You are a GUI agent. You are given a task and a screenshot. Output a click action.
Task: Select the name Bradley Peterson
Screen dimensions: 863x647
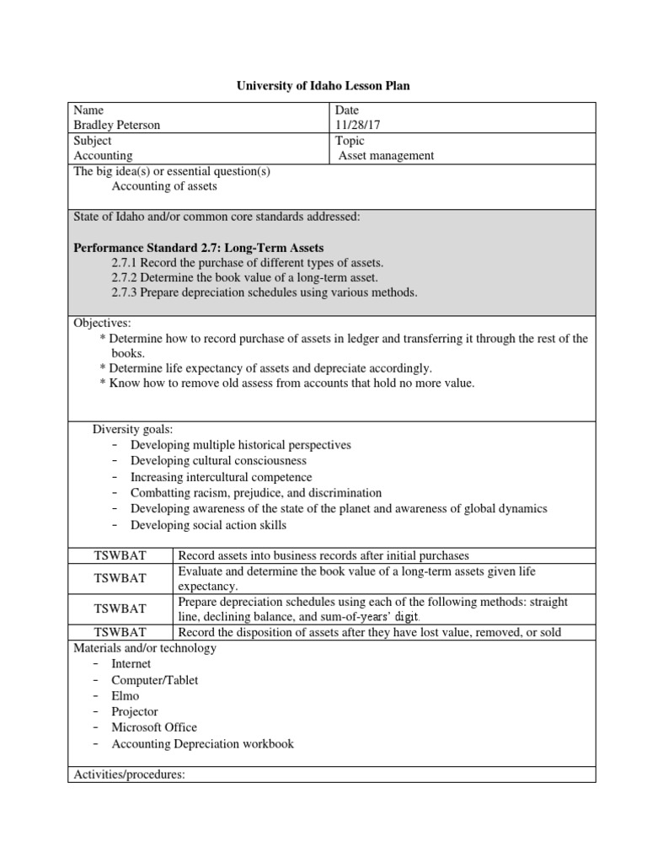pos(117,125)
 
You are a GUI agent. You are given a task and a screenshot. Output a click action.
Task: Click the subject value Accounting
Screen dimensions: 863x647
pos(103,155)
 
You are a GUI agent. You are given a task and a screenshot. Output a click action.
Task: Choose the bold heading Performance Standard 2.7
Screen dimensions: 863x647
pos(198,247)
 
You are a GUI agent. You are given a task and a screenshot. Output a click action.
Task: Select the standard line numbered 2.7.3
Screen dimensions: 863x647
pos(264,292)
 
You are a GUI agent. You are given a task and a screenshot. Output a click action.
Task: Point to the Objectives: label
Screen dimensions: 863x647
pos(103,323)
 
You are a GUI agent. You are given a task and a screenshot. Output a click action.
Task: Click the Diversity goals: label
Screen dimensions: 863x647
pos(132,429)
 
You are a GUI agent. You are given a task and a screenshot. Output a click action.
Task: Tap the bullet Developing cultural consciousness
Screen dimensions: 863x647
pos(218,461)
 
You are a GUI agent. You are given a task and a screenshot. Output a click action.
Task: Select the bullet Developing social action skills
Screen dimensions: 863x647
pos(208,525)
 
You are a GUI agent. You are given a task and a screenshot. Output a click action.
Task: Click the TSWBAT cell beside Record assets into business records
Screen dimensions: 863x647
pos(120,555)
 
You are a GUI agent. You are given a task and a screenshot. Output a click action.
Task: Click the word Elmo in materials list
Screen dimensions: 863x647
pos(126,696)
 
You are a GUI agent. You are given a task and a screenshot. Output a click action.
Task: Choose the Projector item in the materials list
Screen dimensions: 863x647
pos(135,712)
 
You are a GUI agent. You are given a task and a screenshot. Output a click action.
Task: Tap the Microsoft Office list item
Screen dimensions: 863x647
pos(154,728)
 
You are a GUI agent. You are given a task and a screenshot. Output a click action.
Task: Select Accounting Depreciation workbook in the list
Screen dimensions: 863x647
pos(202,744)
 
